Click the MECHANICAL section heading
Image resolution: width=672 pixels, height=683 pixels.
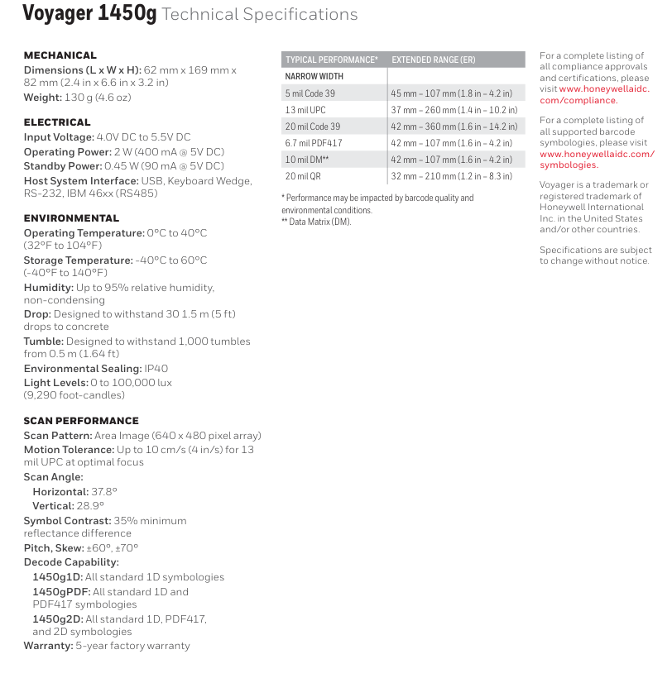pos(60,55)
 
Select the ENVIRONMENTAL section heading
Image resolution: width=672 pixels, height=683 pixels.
pos(71,218)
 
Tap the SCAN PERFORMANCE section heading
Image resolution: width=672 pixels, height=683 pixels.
pos(81,421)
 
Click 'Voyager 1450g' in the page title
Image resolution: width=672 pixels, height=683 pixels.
pos(89,14)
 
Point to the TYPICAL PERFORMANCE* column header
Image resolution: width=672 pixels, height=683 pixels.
pos(332,60)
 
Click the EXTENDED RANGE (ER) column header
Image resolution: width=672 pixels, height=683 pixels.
pos(433,60)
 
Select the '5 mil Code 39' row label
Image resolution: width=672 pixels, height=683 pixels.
pos(310,93)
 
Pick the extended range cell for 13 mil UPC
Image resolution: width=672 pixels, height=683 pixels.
pos(454,110)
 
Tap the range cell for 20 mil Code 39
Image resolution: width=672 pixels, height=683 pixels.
pos(454,127)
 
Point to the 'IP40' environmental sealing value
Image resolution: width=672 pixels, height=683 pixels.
pos(156,369)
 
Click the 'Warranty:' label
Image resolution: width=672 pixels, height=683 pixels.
pos(48,646)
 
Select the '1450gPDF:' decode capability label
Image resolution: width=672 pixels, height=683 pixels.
pos(61,592)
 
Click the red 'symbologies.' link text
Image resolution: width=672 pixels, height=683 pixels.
pos(569,165)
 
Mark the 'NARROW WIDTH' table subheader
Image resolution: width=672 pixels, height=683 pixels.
pos(314,76)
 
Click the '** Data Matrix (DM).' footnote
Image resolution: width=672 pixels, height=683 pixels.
pos(316,222)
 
